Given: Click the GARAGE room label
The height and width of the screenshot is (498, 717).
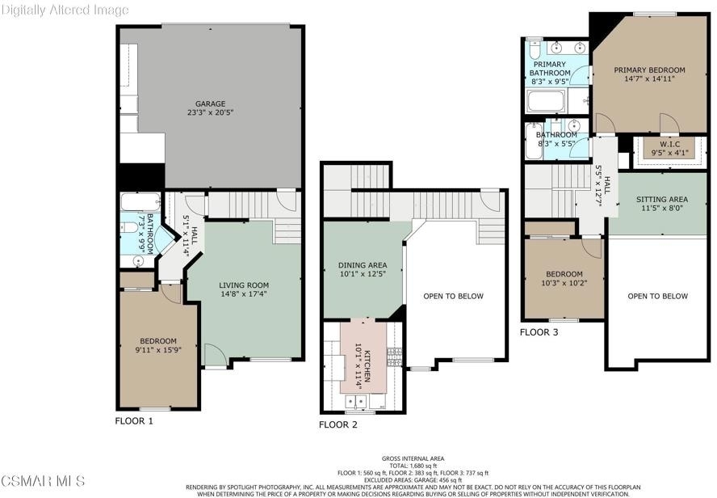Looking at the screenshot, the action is (x=211, y=104).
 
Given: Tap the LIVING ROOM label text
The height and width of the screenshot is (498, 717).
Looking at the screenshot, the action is (x=244, y=285).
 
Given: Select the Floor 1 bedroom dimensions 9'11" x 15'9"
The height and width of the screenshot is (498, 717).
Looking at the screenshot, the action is (x=158, y=350).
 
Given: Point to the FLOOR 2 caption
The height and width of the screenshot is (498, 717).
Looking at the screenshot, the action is (x=338, y=424).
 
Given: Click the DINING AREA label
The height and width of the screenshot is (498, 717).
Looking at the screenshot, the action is (x=363, y=265).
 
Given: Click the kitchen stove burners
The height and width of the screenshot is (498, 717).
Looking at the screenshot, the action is (x=395, y=357).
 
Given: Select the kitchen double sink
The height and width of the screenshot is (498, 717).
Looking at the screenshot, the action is (x=356, y=402).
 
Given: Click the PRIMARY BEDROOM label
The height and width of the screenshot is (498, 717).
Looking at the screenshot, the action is (x=649, y=70).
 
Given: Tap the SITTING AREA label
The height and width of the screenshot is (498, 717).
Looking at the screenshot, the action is (x=662, y=199).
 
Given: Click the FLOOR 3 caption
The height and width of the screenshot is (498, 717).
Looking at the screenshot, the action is (x=539, y=332).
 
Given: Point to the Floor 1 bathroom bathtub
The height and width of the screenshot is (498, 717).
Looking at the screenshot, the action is (x=140, y=202).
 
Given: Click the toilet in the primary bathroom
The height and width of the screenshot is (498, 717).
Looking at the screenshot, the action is (x=535, y=48).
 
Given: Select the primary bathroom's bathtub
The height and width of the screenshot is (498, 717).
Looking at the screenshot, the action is (x=546, y=101).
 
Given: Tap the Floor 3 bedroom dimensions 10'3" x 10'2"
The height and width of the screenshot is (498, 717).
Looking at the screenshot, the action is (x=564, y=283).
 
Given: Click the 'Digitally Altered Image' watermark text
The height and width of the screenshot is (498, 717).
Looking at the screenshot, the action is (x=65, y=10).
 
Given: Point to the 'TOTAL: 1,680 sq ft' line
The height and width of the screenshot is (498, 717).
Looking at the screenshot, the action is (x=413, y=466).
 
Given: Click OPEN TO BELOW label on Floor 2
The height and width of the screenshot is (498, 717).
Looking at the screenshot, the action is (x=453, y=296).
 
